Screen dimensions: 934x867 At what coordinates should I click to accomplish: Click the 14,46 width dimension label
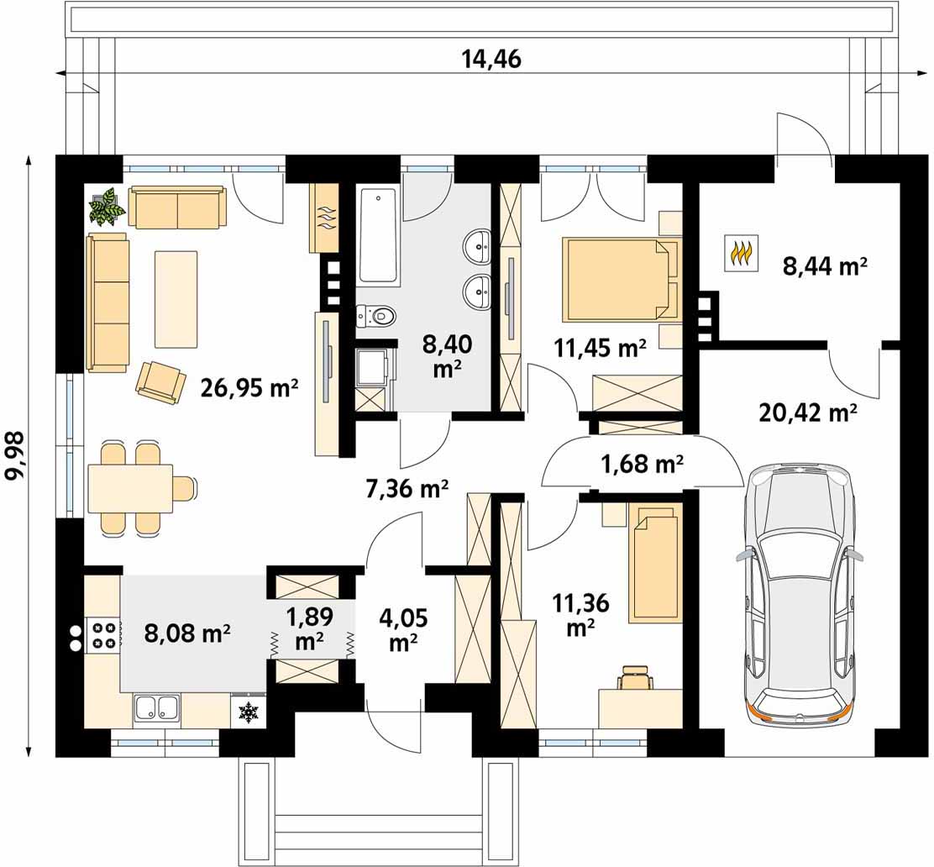(x=491, y=60)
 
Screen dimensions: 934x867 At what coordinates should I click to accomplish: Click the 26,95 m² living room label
(x=249, y=388)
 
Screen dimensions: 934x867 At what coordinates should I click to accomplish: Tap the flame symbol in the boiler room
(x=742, y=253)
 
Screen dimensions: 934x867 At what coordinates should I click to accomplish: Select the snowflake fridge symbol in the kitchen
(x=247, y=712)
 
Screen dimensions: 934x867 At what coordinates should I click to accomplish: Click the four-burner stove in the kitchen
(x=103, y=635)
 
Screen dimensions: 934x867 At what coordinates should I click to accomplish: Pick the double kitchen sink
(x=157, y=709)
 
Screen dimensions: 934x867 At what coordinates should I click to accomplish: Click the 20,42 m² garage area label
(x=808, y=412)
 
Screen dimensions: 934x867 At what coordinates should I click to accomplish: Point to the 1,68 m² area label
(x=642, y=463)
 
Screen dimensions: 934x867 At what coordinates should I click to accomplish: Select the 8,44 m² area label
(x=825, y=266)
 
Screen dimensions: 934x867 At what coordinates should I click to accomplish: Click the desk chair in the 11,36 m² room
(x=636, y=677)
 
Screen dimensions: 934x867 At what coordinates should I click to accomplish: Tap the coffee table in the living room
(x=176, y=299)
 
